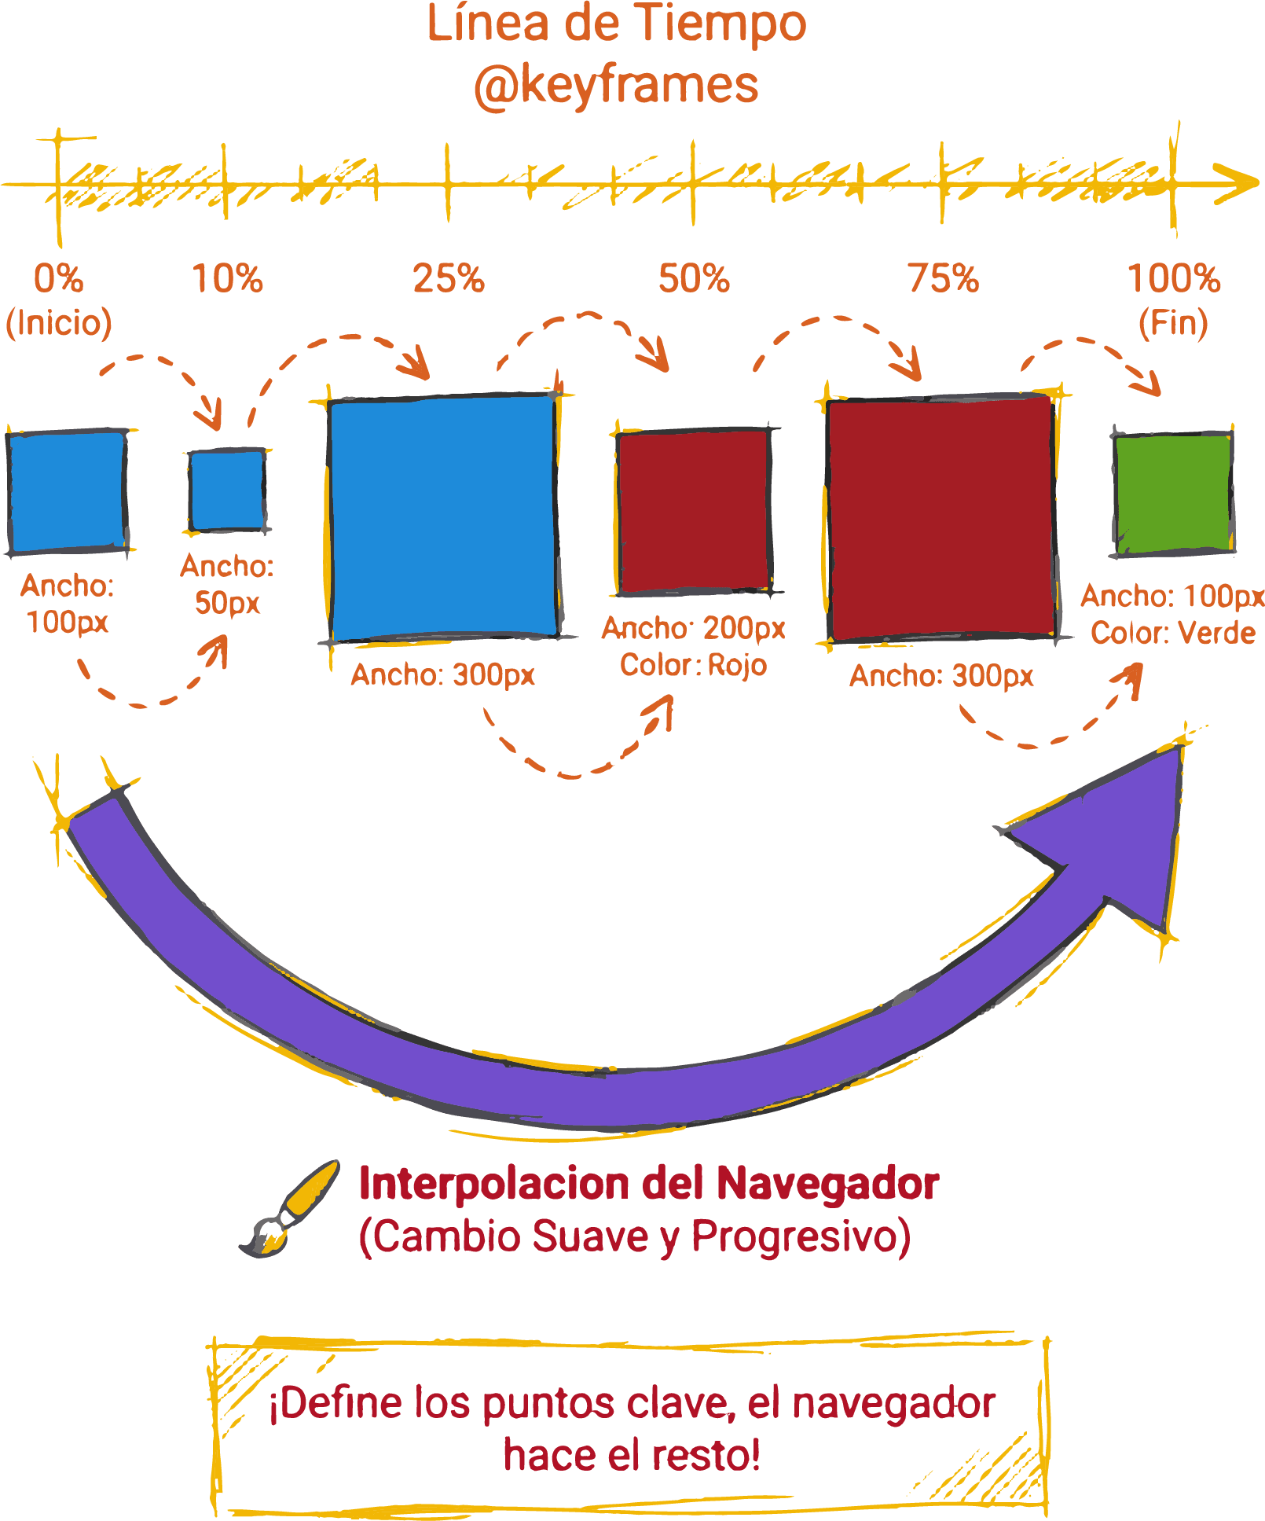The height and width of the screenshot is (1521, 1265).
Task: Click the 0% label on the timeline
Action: tap(58, 278)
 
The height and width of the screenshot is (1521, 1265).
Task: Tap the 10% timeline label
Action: tap(227, 278)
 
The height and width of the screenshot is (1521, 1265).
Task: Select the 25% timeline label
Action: tap(449, 278)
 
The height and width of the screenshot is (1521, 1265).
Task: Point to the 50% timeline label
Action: tap(694, 278)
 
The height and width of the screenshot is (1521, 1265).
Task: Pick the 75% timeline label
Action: tap(944, 278)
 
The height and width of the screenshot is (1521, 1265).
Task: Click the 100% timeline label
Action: tap(1174, 278)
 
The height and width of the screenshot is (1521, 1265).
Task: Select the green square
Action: tap(1173, 494)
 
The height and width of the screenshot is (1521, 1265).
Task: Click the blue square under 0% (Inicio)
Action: tap(67, 491)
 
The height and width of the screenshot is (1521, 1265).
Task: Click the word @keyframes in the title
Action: tap(616, 85)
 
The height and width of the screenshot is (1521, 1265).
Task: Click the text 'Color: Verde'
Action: tap(1173, 633)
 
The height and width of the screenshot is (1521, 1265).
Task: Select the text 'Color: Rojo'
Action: tap(693, 665)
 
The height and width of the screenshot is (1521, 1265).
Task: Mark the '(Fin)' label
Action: tap(1173, 322)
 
